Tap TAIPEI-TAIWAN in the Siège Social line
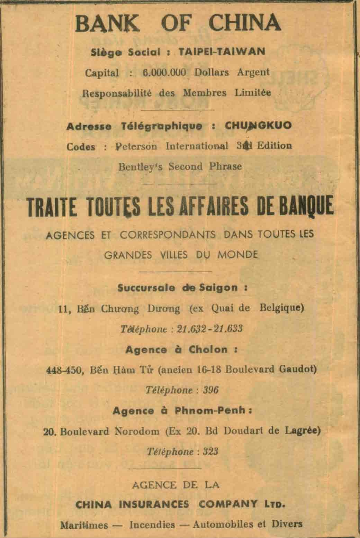click(222, 52)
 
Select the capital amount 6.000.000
click(164, 73)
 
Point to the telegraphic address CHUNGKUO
click(258, 126)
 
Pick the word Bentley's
click(142, 167)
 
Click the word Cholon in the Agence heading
click(208, 349)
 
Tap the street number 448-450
click(64, 370)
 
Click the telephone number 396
click(211, 390)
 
